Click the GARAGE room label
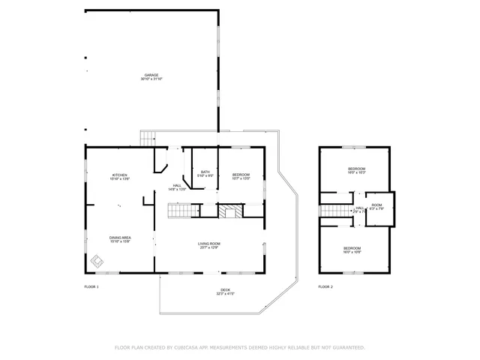151,75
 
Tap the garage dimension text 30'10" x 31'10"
151,79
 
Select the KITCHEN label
120,175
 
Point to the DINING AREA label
120,237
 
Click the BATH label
205,172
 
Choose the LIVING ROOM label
209,243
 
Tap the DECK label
225,289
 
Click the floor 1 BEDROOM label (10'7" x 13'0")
241,175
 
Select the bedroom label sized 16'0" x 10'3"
356,169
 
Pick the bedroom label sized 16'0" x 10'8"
352,248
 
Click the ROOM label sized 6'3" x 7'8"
376,205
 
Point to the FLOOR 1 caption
91,287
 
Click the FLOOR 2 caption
325,287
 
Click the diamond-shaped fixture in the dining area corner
97,262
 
